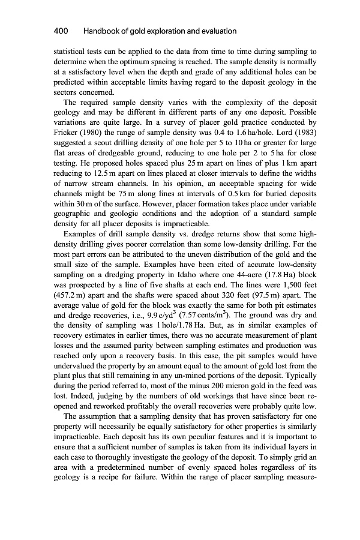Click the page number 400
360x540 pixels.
point(60,31)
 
